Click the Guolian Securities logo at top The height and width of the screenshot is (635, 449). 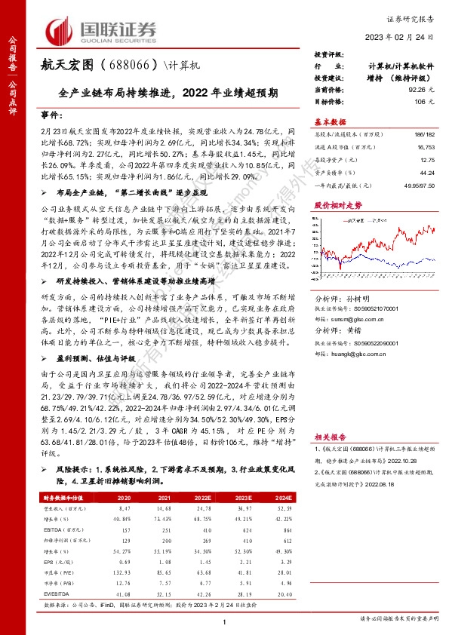(x=103, y=29)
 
